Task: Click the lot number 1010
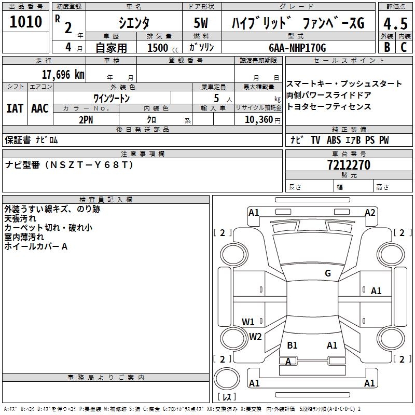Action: coord(26,22)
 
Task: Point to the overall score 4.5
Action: coord(395,24)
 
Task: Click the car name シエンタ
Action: coord(134,23)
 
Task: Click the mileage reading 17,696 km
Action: coord(63,74)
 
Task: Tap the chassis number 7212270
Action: coord(349,165)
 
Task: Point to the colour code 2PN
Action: coord(86,119)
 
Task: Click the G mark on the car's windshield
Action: coord(327,273)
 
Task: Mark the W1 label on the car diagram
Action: coord(248,322)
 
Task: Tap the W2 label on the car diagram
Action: coord(255,336)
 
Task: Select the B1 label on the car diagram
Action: coord(292,345)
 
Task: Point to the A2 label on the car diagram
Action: coord(370,212)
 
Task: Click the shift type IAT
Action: coord(15,108)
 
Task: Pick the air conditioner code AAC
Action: coord(40,108)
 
